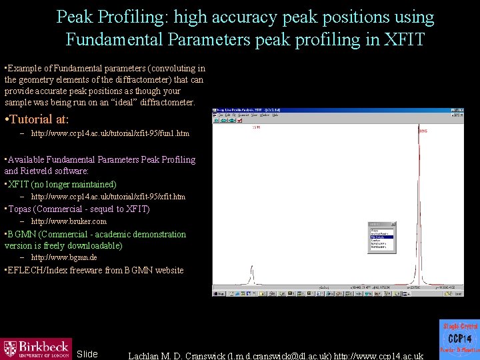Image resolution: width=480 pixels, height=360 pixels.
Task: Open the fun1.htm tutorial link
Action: click(110, 134)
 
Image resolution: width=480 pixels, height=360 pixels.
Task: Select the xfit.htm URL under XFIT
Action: click(109, 197)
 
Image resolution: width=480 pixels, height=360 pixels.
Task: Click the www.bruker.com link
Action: click(69, 221)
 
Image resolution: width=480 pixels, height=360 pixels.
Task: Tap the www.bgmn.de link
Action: click(64, 257)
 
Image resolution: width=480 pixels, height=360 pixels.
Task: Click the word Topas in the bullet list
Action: click(21, 209)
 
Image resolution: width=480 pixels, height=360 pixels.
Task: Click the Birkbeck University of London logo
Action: click(36, 348)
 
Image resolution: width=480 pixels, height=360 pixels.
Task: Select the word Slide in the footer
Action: click(87, 354)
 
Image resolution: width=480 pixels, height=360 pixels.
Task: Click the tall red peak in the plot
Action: click(418, 200)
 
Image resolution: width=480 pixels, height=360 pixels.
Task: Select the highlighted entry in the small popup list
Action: click(381, 237)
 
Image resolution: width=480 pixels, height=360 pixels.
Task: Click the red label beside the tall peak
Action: click(423, 131)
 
